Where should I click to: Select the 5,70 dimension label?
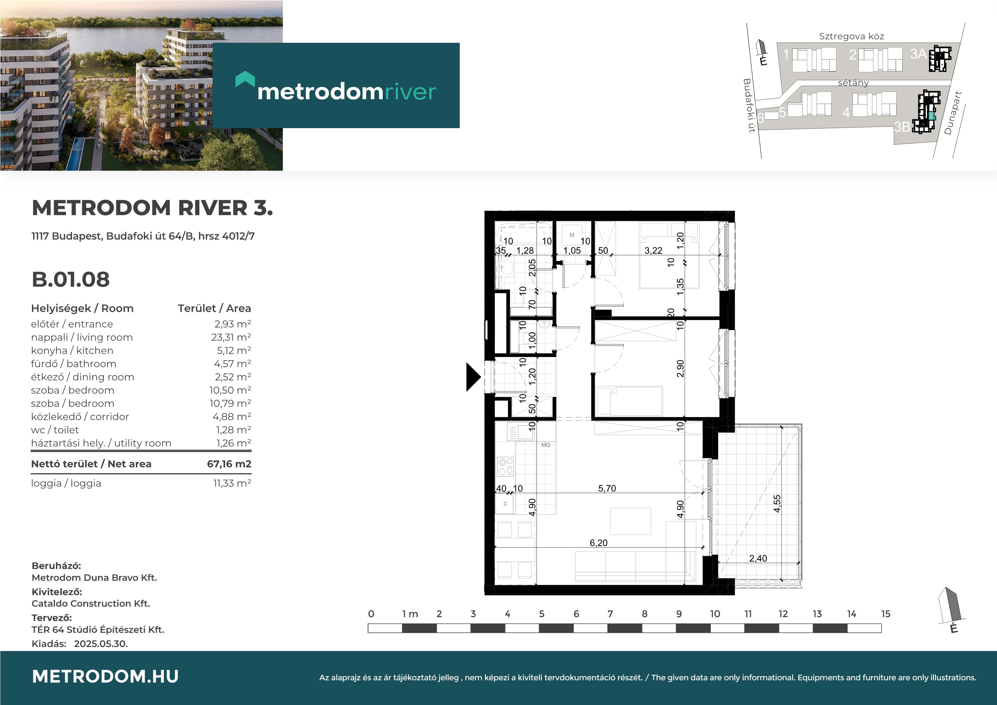[x=607, y=488]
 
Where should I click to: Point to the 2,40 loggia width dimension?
[x=758, y=559]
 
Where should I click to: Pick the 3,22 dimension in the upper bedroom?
[x=653, y=251]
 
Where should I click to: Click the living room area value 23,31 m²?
[x=231, y=337]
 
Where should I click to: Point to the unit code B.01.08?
[x=71, y=279]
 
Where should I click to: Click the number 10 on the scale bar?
[x=715, y=614]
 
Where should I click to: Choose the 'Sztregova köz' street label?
[x=851, y=36]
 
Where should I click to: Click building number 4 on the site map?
[x=846, y=113]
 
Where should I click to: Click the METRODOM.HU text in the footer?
[x=105, y=676]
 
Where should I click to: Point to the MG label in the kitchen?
[x=546, y=445]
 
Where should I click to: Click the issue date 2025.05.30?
[x=101, y=644]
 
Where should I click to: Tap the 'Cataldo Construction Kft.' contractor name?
[x=91, y=603]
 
